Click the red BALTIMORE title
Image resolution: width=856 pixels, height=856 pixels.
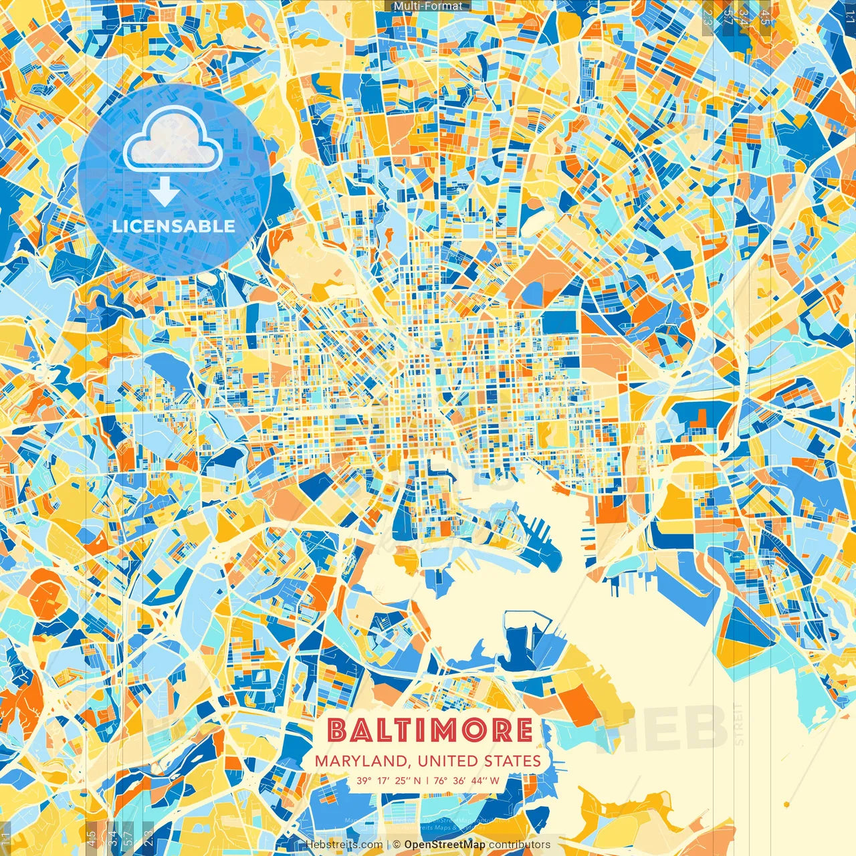pyautogui.click(x=431, y=730)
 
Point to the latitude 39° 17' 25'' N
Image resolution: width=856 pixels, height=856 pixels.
pyautogui.click(x=389, y=780)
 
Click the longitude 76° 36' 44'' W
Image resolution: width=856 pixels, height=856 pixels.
pyautogui.click(x=467, y=780)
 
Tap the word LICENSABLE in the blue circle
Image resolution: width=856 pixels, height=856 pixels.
pyautogui.click(x=174, y=226)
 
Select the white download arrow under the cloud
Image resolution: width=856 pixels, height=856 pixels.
pyautogui.click(x=164, y=193)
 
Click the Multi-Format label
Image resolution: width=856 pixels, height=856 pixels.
pyautogui.click(x=428, y=6)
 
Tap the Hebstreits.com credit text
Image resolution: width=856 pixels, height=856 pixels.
pyautogui.click(x=344, y=845)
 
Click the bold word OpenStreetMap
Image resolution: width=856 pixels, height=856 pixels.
pyautogui.click(x=445, y=845)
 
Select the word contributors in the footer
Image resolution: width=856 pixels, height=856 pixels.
pyautogui.click(x=520, y=845)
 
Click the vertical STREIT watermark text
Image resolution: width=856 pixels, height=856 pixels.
pyautogui.click(x=739, y=724)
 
